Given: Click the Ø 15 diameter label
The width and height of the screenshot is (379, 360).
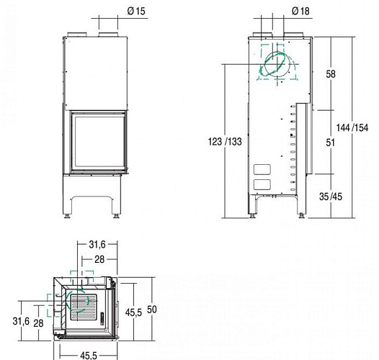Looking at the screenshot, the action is [136, 11].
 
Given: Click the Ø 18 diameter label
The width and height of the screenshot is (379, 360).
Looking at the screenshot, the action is [300, 11].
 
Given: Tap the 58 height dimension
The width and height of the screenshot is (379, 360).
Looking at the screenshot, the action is [331, 74].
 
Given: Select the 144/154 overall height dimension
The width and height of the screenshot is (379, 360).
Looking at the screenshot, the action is [352, 127].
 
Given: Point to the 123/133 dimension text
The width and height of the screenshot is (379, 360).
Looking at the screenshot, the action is [225, 142].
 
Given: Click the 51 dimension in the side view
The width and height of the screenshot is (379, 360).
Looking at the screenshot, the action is [331, 143].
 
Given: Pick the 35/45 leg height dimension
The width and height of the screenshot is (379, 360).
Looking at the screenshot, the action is [331, 197].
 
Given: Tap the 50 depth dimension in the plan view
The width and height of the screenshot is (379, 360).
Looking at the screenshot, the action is [152, 310].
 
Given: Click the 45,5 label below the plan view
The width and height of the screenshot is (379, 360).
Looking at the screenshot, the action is [89, 356].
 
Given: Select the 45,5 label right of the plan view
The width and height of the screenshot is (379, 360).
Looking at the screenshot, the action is [133, 312].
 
